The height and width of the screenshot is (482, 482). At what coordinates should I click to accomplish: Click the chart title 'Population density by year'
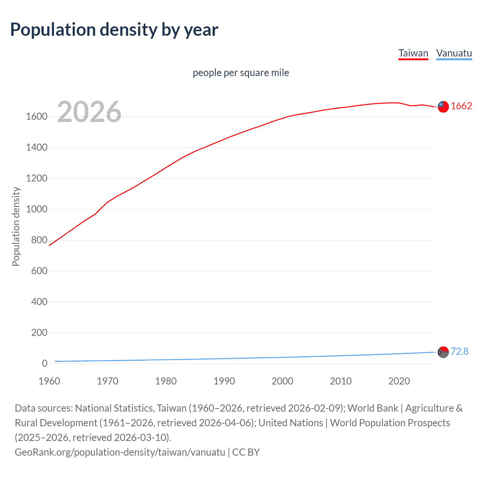click(114, 30)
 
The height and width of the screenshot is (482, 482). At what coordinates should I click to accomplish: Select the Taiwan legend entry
click(413, 53)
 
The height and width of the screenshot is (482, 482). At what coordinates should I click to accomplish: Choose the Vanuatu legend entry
click(454, 53)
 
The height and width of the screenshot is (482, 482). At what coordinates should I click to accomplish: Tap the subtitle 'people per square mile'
click(241, 73)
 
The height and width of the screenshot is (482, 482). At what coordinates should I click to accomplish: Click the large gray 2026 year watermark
click(89, 112)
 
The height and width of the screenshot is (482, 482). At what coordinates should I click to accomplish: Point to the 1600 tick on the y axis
click(37, 117)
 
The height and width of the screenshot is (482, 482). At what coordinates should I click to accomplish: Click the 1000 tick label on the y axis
click(37, 209)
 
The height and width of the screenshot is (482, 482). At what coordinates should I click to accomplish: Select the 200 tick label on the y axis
click(39, 333)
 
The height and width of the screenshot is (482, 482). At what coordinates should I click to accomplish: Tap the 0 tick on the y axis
click(44, 364)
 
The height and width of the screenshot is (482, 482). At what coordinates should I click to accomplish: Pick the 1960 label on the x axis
click(49, 381)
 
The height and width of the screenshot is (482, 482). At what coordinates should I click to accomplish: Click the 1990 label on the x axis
click(224, 381)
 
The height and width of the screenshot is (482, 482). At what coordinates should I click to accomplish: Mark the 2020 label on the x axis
click(399, 381)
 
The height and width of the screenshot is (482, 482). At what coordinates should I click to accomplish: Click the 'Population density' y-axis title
click(16, 227)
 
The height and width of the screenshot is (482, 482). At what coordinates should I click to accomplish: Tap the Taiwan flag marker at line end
click(443, 107)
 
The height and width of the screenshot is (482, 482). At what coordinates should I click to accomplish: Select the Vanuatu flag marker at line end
click(443, 352)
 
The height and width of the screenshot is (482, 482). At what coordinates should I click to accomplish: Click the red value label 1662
click(461, 106)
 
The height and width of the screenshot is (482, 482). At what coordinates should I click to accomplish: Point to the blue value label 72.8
click(459, 352)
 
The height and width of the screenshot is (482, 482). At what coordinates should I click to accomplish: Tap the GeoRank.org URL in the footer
click(120, 452)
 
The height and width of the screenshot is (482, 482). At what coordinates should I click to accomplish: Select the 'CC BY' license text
click(246, 452)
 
